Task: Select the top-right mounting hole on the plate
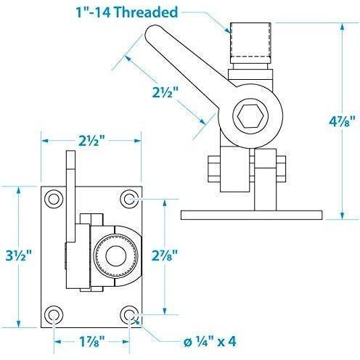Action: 129,199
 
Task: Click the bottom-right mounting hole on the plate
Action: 129,314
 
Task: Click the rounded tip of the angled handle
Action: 155,34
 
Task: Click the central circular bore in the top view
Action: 115,256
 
